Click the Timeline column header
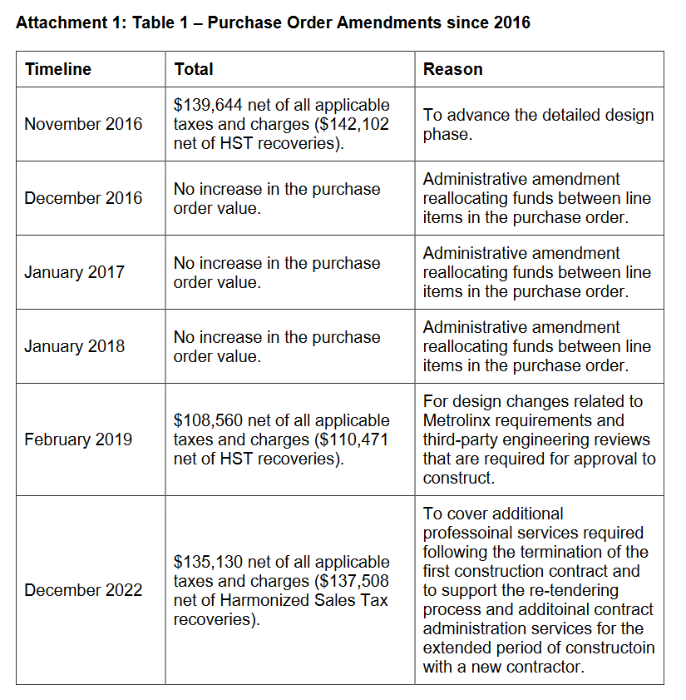[58, 69]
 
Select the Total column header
[194, 69]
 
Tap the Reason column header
[452, 69]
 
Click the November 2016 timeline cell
[83, 124]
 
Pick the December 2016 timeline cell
[83, 198]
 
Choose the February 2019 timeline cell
[78, 439]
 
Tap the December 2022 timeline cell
[83, 590]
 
